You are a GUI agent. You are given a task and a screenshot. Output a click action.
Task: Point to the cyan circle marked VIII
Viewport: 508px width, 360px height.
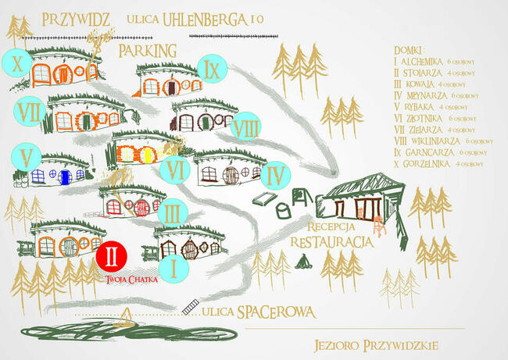pos(246,126)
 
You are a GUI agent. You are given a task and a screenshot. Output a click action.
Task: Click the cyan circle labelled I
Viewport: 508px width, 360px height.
pos(174,268)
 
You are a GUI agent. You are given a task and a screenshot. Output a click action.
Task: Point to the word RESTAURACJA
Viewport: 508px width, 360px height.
pos(331,241)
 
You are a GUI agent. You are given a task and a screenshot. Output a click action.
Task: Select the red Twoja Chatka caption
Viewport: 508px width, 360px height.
pos(132,279)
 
